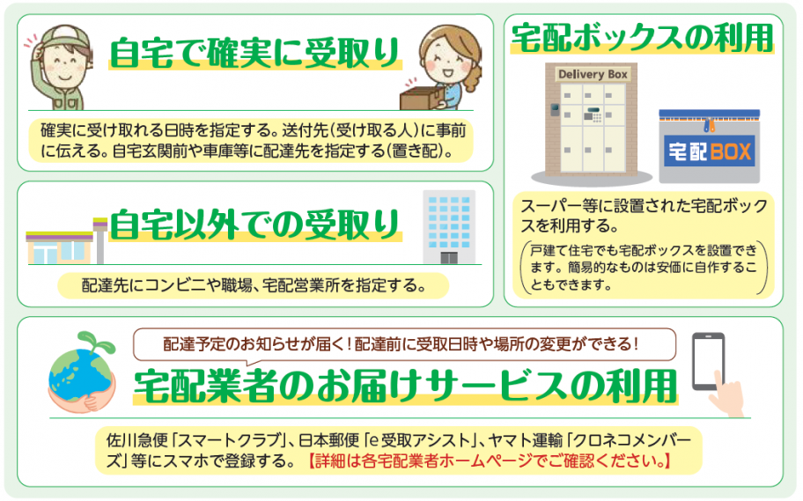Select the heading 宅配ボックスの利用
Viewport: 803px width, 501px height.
[x=642, y=37]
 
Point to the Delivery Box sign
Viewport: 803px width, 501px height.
[x=593, y=75]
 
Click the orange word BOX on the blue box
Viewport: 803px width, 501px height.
[x=730, y=151]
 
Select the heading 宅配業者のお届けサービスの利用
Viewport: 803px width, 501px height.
[x=406, y=385]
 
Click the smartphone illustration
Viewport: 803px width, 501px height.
[x=708, y=360]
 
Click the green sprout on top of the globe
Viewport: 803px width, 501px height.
[x=92, y=340]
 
